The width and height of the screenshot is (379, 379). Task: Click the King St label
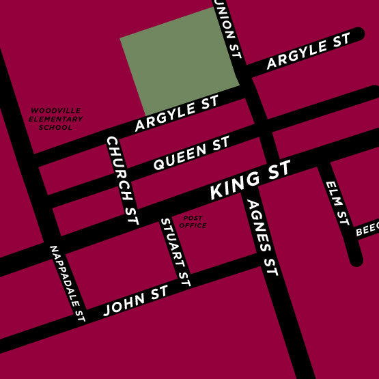(250, 181)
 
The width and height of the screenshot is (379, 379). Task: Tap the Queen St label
(191, 154)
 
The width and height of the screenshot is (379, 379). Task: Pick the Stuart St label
(174, 251)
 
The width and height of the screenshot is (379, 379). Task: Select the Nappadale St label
(67, 283)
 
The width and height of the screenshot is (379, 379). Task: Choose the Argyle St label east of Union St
(308, 52)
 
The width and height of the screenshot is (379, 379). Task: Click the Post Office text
(193, 222)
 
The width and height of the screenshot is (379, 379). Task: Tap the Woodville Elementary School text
(55, 119)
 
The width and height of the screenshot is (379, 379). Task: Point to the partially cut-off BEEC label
(367, 230)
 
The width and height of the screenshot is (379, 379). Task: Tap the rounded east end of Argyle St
(358, 34)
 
